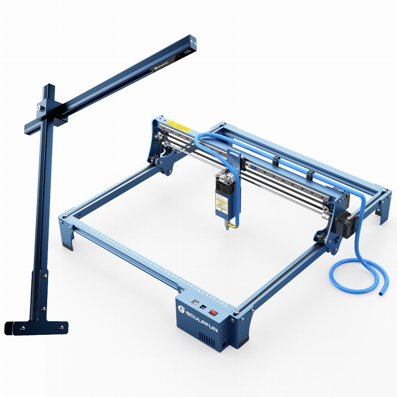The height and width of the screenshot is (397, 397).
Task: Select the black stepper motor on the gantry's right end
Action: [347, 220]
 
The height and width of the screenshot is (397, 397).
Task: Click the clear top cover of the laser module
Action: [223, 174]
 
